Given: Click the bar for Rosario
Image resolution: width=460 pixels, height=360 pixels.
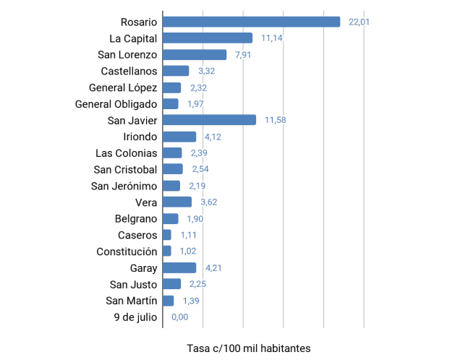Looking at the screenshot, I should [x=251, y=22].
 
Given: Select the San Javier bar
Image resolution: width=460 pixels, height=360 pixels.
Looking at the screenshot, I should [x=209, y=120].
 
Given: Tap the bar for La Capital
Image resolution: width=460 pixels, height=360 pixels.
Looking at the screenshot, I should [x=208, y=38].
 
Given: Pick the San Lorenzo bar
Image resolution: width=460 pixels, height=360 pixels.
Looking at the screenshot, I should [x=195, y=54].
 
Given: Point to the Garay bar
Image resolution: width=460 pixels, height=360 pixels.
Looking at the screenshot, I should [x=179, y=268].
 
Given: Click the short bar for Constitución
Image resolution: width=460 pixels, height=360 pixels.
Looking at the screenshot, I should [x=167, y=252].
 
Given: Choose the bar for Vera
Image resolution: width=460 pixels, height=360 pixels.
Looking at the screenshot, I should [x=177, y=202].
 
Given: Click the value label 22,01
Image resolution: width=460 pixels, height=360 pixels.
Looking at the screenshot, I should [x=359, y=22].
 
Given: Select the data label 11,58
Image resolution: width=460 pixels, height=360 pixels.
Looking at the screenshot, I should [x=276, y=120].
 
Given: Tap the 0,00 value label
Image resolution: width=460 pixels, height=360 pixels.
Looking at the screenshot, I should [x=179, y=317].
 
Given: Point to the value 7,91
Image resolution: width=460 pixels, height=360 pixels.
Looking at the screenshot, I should [x=243, y=55].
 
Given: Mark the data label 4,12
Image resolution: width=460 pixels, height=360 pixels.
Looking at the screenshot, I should [x=213, y=137].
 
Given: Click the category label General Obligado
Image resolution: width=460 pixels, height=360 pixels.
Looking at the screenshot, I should [x=116, y=104].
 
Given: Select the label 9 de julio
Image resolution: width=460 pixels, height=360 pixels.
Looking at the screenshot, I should [x=135, y=317].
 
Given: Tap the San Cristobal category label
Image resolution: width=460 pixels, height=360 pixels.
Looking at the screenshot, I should [x=125, y=169].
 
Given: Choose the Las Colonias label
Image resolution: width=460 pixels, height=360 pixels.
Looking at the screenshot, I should [x=126, y=153].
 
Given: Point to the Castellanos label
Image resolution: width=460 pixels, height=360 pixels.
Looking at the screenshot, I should [x=129, y=71].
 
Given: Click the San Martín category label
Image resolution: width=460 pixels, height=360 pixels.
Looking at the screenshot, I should [x=131, y=301].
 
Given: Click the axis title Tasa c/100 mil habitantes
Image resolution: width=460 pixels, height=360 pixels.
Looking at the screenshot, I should [x=248, y=348].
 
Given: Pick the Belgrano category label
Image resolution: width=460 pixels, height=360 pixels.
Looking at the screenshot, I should [x=136, y=218].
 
